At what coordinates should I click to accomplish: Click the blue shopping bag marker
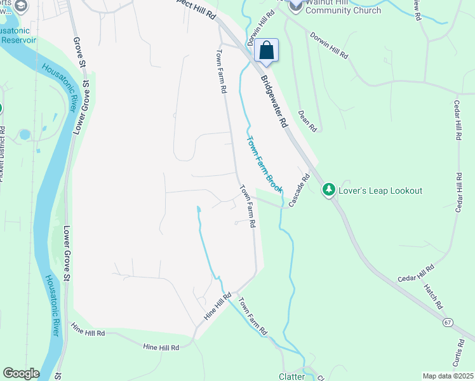tap(267, 50)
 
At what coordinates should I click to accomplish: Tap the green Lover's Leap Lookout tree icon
tap(328, 190)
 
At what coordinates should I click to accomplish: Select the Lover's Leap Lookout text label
tap(381, 190)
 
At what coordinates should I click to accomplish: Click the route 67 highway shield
tap(448, 323)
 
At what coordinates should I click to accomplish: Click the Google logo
tap(21, 373)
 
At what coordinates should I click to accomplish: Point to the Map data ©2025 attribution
tap(448, 376)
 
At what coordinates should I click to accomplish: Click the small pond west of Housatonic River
tap(24, 135)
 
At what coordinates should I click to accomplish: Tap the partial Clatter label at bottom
tap(292, 377)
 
